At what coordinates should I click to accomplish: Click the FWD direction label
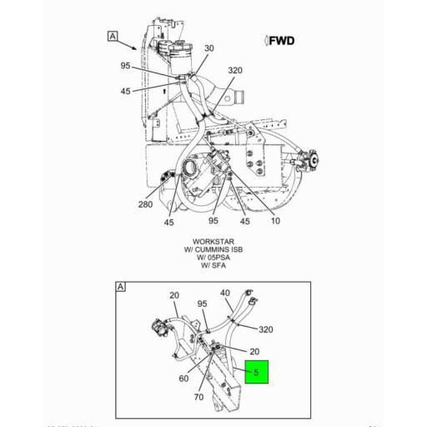click(282, 41)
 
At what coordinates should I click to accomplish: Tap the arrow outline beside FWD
click(265, 41)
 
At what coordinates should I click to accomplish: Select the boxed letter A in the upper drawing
click(112, 36)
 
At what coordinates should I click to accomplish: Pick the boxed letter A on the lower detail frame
click(120, 287)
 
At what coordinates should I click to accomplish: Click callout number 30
click(208, 48)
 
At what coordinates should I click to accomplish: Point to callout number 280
click(145, 204)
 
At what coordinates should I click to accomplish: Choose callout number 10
click(274, 221)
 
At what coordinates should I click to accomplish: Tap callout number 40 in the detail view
click(225, 294)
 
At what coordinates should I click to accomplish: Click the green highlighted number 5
click(256, 370)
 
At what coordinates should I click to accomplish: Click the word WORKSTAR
click(213, 242)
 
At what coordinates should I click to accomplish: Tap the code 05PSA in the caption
click(219, 259)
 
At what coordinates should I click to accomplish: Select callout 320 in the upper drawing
click(235, 70)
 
